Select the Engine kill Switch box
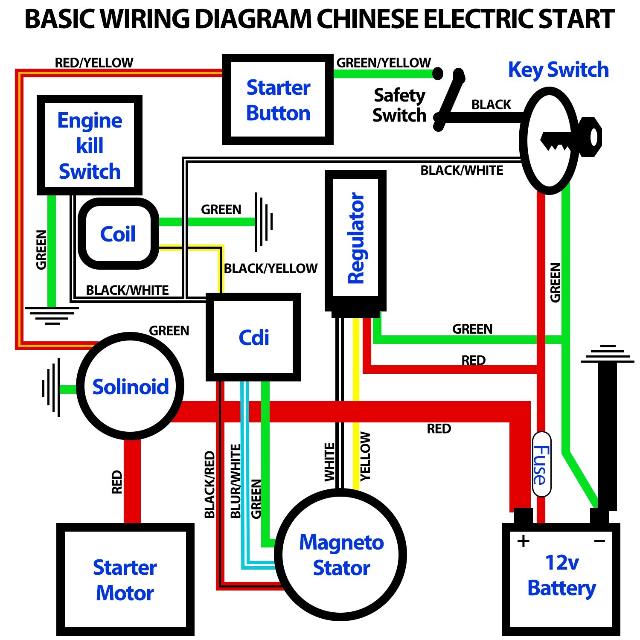pyautogui.click(x=90, y=145)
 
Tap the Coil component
pyautogui.click(x=118, y=234)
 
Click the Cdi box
pyautogui.click(x=253, y=337)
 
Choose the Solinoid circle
pyautogui.click(x=130, y=387)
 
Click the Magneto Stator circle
pyautogui.click(x=341, y=555)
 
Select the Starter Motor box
pyautogui.click(x=125, y=580)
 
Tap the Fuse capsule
pyautogui.click(x=541, y=464)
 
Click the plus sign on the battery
pyautogui.click(x=523, y=541)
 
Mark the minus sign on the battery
pyautogui.click(x=599, y=541)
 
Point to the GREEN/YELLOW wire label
pyautogui.click(x=384, y=63)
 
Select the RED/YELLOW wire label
pyautogui.click(x=94, y=63)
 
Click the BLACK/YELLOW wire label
pyautogui.click(x=271, y=268)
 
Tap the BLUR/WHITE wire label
pyautogui.click(x=236, y=481)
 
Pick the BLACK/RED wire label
pyautogui.click(x=209, y=484)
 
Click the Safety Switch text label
pyautogui.click(x=399, y=105)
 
